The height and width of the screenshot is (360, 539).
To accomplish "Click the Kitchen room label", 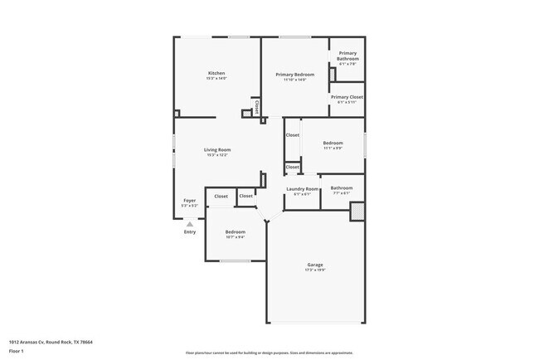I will point(216,73).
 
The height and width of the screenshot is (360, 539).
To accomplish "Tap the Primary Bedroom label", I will point(295,74).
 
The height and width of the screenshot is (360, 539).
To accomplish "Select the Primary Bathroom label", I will point(347,56).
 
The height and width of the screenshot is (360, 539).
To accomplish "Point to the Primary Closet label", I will point(347,97).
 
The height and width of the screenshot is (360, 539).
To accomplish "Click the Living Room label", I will point(217,149).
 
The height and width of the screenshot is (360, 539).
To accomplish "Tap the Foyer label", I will point(189,200).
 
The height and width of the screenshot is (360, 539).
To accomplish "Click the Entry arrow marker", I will point(190,223).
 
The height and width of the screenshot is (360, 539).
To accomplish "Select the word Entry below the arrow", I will point(190,231).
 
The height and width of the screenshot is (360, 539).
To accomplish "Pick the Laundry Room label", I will point(302,189).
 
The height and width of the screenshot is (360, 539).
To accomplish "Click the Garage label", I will point(315,265).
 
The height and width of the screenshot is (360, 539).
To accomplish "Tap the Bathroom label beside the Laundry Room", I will point(342,187).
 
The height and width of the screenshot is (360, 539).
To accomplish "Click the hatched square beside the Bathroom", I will point(357,213).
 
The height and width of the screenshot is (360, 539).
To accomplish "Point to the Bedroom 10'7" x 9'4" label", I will point(236,231).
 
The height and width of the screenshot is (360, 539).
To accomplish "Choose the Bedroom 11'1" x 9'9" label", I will point(333,143).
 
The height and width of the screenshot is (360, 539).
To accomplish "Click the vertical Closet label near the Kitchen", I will point(257,107).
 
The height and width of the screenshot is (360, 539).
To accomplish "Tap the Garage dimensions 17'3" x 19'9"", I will point(315,270).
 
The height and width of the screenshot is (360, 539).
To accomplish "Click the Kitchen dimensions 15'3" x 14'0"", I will point(216,78).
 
